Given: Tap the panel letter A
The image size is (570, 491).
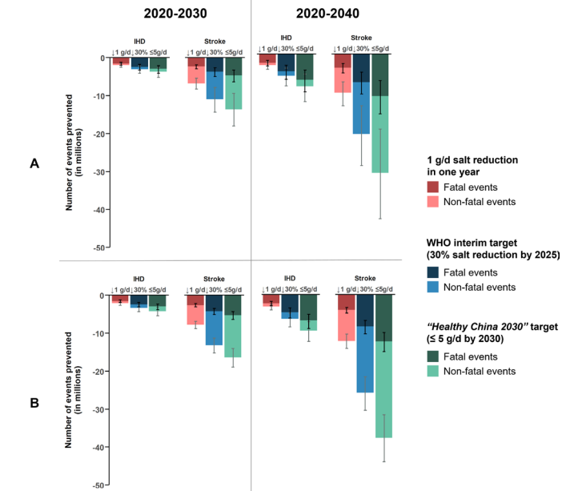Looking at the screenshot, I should point(34,163).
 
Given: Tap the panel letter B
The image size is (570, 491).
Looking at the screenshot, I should point(34,403).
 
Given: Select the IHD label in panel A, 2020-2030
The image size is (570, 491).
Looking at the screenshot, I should point(140,39).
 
